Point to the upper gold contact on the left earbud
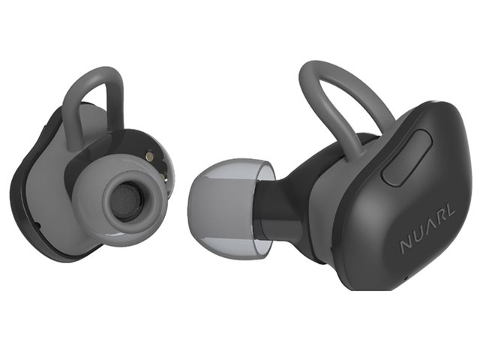[x=149, y=155]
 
